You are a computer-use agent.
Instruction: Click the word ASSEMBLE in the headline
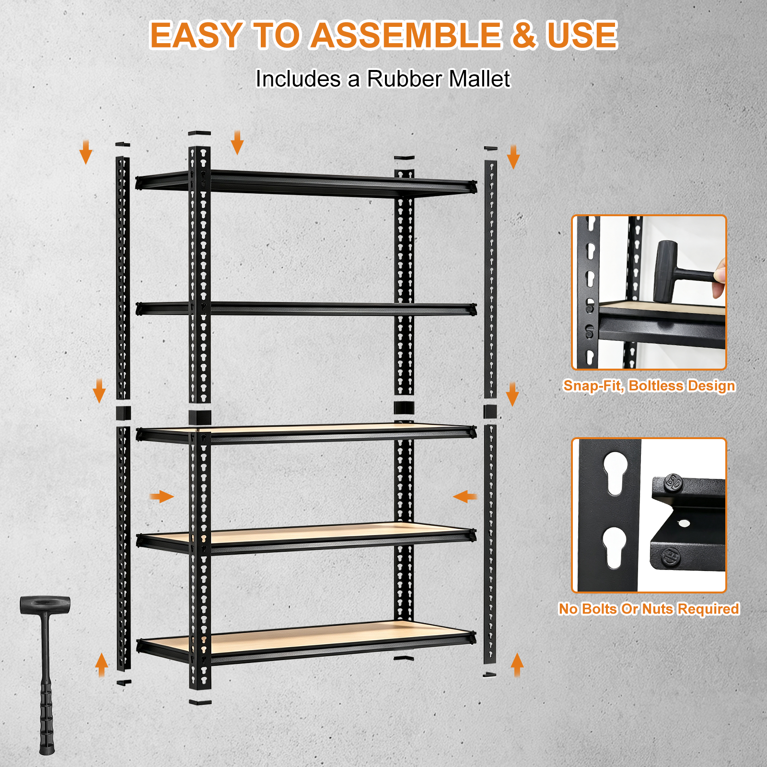point(407,35)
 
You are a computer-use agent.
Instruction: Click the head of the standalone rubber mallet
point(45,605)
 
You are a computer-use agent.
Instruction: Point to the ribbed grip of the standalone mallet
point(46,714)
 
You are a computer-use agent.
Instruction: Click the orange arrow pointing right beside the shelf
point(162,496)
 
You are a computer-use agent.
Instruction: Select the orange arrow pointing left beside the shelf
point(465,496)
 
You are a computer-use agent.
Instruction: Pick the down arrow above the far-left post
point(86,152)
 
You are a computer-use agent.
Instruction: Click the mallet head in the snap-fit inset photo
point(665,271)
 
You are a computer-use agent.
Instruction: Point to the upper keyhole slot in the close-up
point(616,473)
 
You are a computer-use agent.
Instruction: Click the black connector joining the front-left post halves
point(200,417)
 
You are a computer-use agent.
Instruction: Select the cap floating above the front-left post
point(199,134)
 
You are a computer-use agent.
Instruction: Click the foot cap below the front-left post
point(200,703)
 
